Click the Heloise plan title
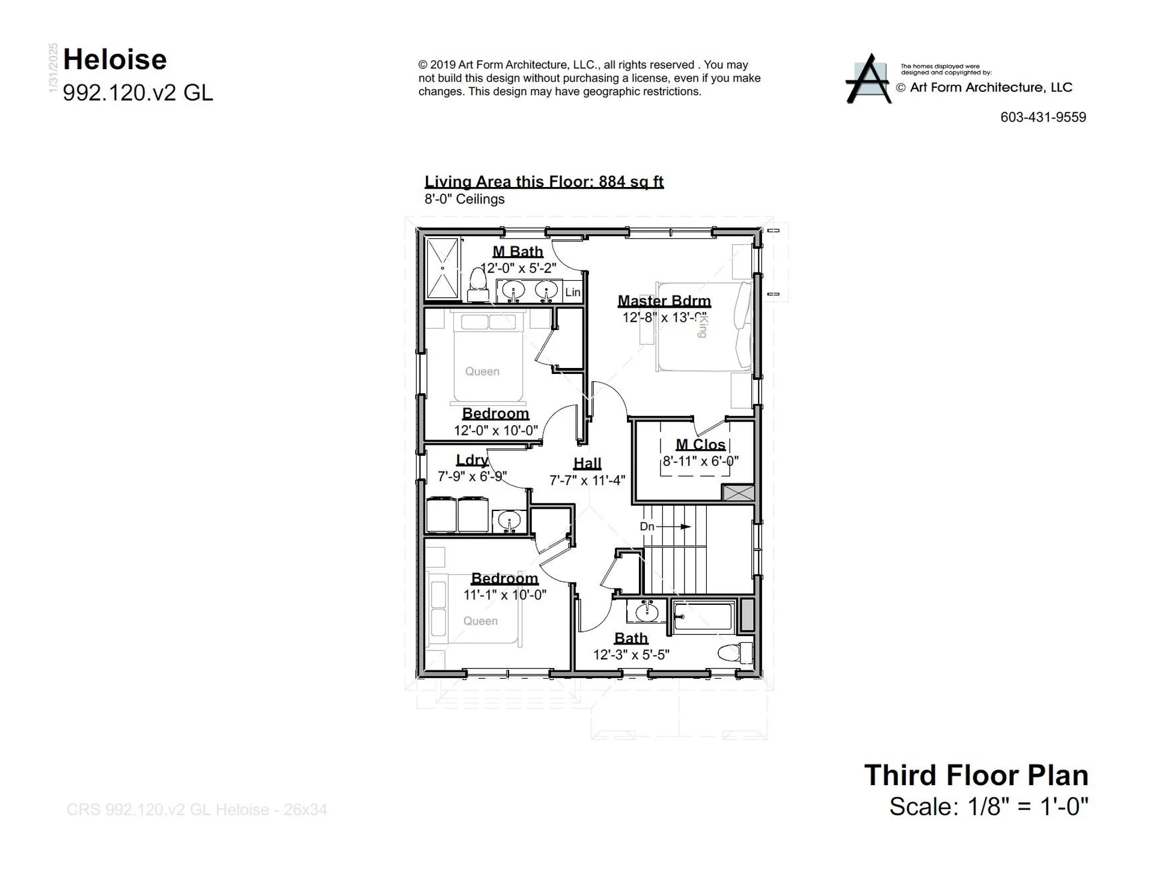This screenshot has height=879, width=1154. coord(115,60)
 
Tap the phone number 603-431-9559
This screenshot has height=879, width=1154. coord(1043,117)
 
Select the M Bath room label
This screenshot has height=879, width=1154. coord(517,251)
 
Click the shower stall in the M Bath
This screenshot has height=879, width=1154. coord(442,268)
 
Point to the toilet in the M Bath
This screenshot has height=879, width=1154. coord(478,284)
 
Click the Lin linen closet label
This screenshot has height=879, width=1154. coord(573,292)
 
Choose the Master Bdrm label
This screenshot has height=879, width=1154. coord(664,301)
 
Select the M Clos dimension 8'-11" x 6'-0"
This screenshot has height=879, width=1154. coord(700,461)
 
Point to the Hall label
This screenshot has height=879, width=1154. coord(587,463)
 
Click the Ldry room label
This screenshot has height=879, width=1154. coord(472,460)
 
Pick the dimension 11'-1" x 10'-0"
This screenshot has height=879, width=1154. coord(504,595)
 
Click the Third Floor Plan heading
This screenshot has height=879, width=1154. coord(976,775)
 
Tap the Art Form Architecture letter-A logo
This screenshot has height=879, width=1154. coord(869,79)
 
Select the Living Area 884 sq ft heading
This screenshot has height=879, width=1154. coord(544,182)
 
